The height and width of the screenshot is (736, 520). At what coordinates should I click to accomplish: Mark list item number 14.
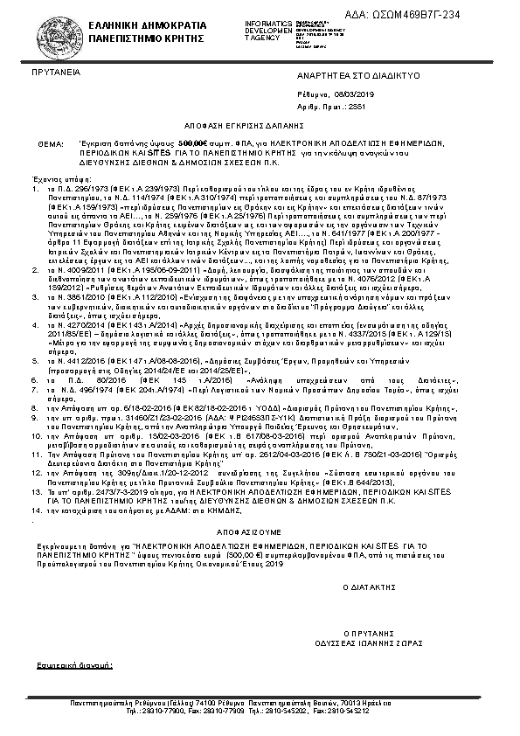pyautogui.click(x=35, y=508)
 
